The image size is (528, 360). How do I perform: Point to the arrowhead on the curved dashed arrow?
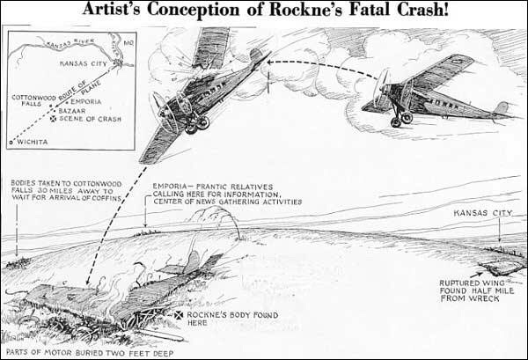tap(264, 63)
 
